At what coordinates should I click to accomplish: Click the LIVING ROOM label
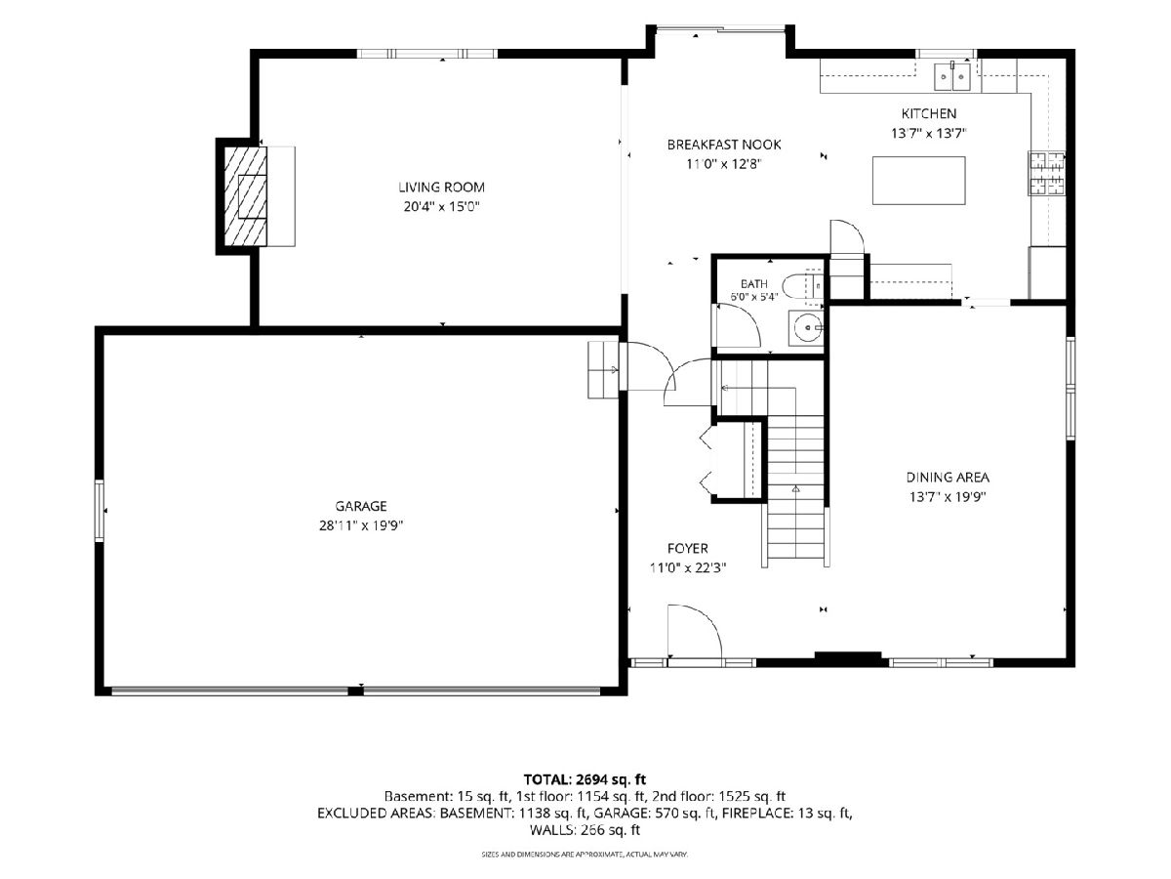(x=441, y=188)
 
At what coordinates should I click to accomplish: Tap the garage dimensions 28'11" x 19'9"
(x=361, y=525)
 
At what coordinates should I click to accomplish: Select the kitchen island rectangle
(x=918, y=181)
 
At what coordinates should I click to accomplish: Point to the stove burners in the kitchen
(x=1047, y=173)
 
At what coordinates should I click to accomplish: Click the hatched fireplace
(x=245, y=196)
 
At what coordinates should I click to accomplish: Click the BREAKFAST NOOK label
(x=724, y=145)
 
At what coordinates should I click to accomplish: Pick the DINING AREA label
(x=948, y=478)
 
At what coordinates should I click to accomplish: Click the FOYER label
(x=688, y=548)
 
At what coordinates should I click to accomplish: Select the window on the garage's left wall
(x=100, y=511)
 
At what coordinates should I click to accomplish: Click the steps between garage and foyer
(x=603, y=369)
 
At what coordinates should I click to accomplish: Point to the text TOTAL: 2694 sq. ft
(x=585, y=779)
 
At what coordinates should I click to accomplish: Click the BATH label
(x=753, y=284)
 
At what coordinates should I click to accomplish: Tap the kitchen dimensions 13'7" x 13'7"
(x=929, y=133)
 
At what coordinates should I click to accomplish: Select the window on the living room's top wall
(x=426, y=54)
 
